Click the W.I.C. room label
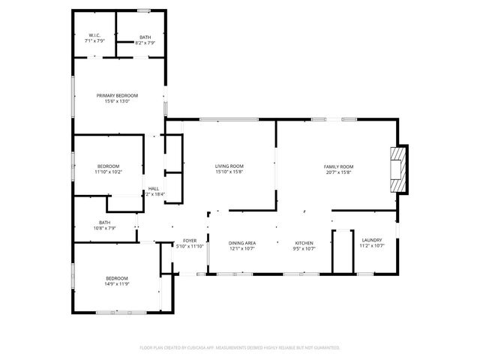click(94, 36)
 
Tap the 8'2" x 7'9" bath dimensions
click(144, 43)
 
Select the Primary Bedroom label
click(117, 95)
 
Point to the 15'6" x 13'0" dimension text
click(117, 101)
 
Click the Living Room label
click(229, 166)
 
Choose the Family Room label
click(338, 166)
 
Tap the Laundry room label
click(371, 240)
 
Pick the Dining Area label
click(242, 243)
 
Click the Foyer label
click(189, 241)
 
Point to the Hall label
click(153, 188)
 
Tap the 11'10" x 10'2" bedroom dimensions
click(108, 172)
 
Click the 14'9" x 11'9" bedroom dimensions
click(116, 283)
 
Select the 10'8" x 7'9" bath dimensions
click(104, 227)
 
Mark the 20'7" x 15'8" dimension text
click(338, 172)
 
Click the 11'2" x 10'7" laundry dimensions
click(371, 245)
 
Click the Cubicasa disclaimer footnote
click(240, 347)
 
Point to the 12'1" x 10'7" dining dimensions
click(242, 248)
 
